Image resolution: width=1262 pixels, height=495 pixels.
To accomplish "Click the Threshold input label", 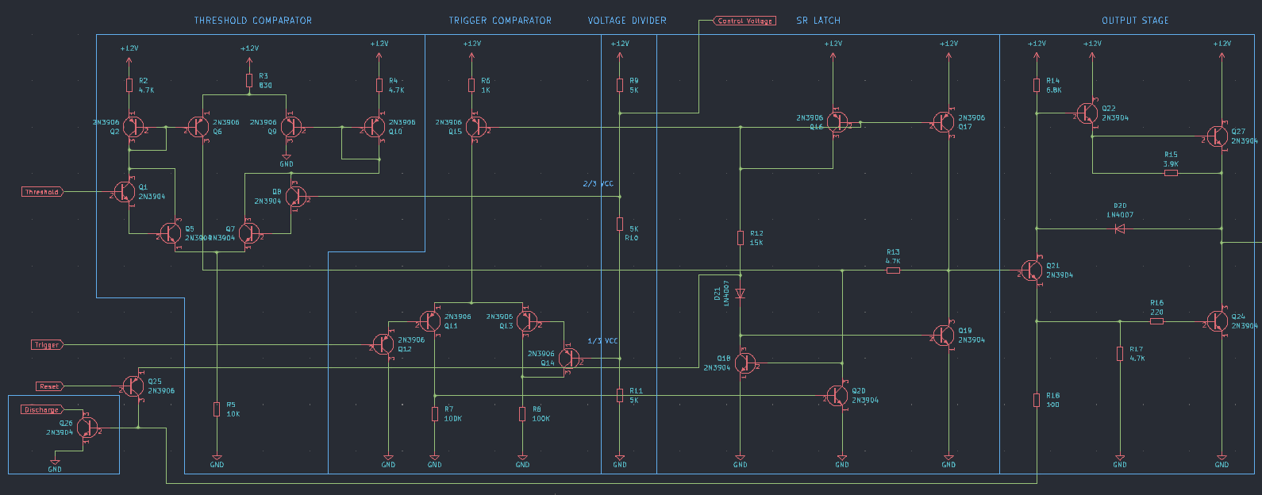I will tap(42, 192).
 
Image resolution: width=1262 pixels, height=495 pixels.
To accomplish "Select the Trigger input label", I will tap(47, 345).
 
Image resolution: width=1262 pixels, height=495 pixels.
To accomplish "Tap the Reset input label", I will tap(49, 386).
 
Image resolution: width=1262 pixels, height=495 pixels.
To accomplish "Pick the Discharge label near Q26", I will tap(41, 410).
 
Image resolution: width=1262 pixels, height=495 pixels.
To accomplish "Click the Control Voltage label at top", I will tap(745, 21).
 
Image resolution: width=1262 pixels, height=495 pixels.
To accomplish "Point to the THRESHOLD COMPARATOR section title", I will tap(253, 21).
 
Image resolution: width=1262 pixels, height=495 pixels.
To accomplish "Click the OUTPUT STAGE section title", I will tap(1135, 21).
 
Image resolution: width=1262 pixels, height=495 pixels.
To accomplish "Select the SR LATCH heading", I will tap(818, 21).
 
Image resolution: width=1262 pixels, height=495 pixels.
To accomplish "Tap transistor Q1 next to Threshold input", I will tap(125, 192).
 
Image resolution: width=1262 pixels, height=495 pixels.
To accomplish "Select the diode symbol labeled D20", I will tap(1120, 229).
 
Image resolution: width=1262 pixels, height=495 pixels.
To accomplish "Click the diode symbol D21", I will tap(740, 294).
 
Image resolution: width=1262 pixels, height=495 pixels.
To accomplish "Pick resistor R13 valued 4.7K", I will tap(893, 271).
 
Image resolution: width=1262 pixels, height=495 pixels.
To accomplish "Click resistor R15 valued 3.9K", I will tap(1171, 172).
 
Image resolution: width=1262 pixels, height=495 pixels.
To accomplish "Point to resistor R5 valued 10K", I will tap(217, 409).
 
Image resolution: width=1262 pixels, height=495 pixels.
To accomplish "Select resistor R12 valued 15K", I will tap(740, 237).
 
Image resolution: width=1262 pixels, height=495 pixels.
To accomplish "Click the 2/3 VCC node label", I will tap(598, 184).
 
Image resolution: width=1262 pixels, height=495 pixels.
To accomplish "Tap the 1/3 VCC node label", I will tap(602, 341).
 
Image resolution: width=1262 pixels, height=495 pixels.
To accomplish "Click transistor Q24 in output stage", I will tap(1218, 321).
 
